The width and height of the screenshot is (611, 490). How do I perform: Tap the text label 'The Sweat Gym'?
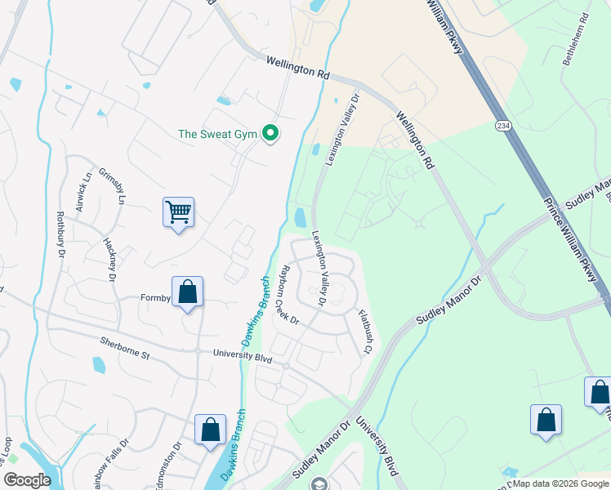(x=217, y=134)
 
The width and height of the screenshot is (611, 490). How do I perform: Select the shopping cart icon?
(x=178, y=213)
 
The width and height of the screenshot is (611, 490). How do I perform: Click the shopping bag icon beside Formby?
(x=187, y=292)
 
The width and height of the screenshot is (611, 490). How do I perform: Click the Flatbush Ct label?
(x=363, y=332)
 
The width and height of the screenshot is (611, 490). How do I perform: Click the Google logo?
(x=28, y=480)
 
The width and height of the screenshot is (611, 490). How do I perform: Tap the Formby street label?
(x=154, y=299)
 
